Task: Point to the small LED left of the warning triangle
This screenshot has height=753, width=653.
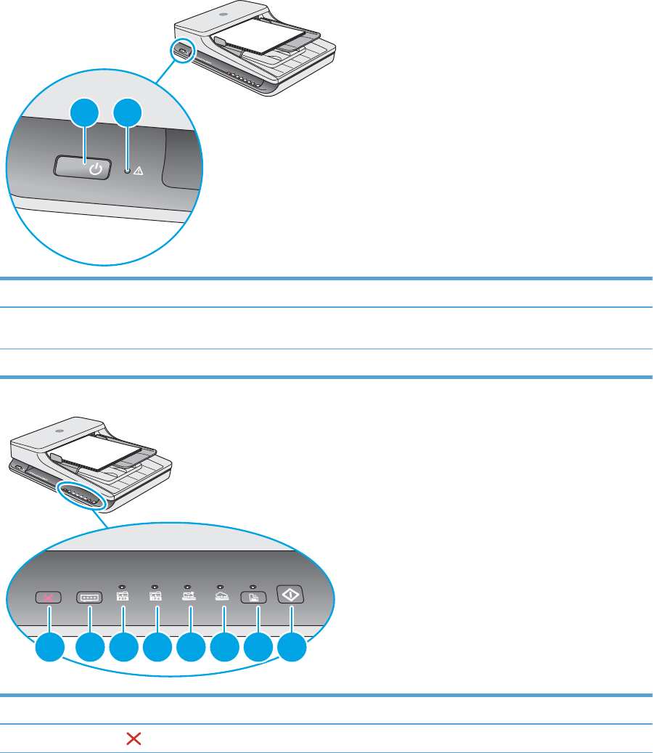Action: (128, 171)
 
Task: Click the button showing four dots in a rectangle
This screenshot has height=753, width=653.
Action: (90, 598)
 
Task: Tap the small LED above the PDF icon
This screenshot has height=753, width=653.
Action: (123, 585)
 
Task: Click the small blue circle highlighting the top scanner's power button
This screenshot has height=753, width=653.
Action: (181, 52)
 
